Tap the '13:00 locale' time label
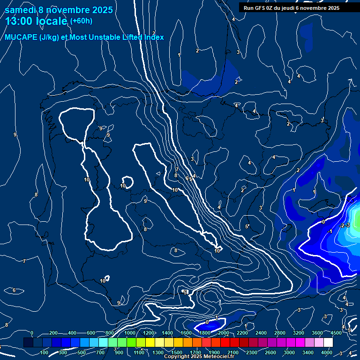[36, 21]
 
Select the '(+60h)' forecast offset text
[81, 21]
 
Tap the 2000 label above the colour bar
[223, 333]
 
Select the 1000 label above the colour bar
[129, 333]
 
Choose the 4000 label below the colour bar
[327, 352]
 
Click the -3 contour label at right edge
[347, 225]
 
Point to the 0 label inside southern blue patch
[207, 322]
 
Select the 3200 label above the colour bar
[298, 333]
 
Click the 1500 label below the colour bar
[177, 352]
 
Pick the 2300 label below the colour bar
[252, 352]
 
